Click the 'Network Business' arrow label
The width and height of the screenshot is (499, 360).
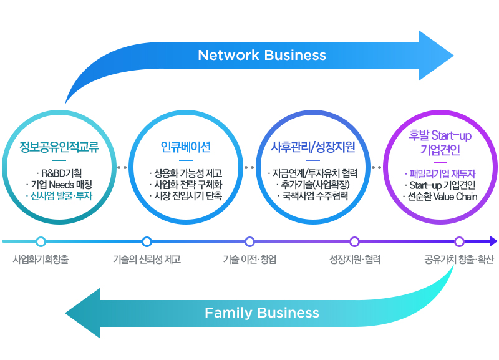coord(261,55)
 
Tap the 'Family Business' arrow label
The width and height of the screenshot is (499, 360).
coord(261,313)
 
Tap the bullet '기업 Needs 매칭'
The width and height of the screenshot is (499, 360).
coord(59,185)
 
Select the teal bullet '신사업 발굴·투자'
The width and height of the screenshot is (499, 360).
coord(59,197)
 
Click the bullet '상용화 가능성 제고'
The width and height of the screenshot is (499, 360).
coord(185,173)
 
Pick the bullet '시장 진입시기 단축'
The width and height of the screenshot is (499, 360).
coord(185,197)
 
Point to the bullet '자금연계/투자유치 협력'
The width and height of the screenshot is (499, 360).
coord(312,173)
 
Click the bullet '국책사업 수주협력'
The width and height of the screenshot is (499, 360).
coord(312,197)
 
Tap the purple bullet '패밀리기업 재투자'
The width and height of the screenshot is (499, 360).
coord(442,173)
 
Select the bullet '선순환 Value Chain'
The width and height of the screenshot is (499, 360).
coord(442,197)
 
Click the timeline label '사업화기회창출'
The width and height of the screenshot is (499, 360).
coord(41,259)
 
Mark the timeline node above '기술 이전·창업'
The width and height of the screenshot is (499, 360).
coord(249,241)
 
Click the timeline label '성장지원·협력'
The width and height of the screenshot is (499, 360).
coord(354,259)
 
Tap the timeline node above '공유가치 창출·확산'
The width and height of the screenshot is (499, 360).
coord(459,241)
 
